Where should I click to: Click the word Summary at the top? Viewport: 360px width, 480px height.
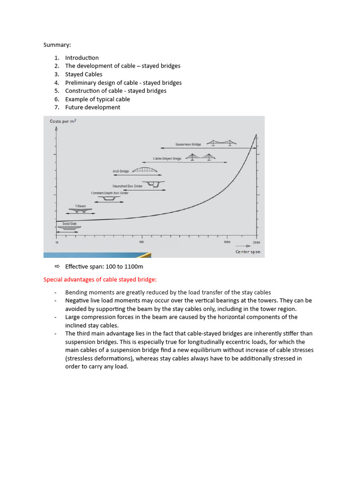(x=57, y=45)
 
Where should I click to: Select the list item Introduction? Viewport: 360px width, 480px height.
(x=82, y=58)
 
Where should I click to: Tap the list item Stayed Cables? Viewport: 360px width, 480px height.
(x=83, y=74)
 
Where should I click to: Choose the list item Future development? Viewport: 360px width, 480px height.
(x=92, y=107)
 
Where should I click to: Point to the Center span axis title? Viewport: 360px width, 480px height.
(x=247, y=252)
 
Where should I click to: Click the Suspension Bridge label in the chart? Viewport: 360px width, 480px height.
(x=188, y=144)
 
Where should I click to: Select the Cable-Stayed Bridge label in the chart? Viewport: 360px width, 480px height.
(x=167, y=159)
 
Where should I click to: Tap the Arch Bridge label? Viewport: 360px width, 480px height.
(x=120, y=172)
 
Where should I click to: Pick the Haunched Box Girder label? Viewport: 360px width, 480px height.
(x=127, y=186)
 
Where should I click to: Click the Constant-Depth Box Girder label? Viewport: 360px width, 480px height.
(x=110, y=193)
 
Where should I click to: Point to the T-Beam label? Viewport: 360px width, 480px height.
(x=80, y=206)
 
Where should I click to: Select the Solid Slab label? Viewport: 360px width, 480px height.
(x=69, y=224)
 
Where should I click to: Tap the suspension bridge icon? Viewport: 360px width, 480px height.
(x=222, y=142)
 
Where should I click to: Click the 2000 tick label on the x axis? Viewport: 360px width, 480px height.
(x=256, y=242)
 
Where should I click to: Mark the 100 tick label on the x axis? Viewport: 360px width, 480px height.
(x=142, y=242)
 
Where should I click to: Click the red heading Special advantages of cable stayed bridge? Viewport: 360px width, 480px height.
(x=100, y=280)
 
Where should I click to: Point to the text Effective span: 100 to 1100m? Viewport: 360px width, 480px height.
(x=104, y=267)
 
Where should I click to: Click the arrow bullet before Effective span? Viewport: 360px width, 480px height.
(x=57, y=267)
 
